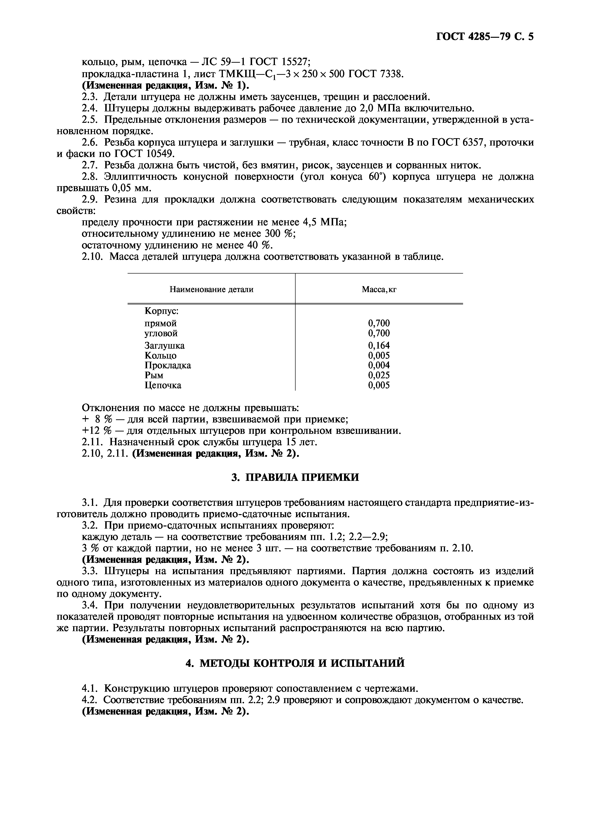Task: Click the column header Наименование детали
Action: (x=211, y=289)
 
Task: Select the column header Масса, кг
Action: (x=379, y=289)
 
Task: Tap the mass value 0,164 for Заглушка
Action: (x=379, y=346)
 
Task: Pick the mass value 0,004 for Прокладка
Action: (x=379, y=365)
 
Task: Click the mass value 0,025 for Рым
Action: (x=379, y=375)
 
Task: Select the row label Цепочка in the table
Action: (x=163, y=385)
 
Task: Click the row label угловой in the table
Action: (x=161, y=333)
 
